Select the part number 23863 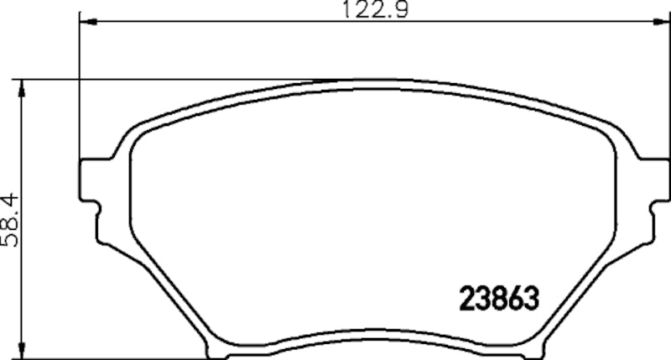pyautogui.click(x=497, y=297)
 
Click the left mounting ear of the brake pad pyautogui.click(x=91, y=180)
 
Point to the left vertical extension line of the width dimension pyautogui.click(x=79, y=92)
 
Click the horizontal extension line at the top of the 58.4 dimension pyautogui.click(x=168, y=81)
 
